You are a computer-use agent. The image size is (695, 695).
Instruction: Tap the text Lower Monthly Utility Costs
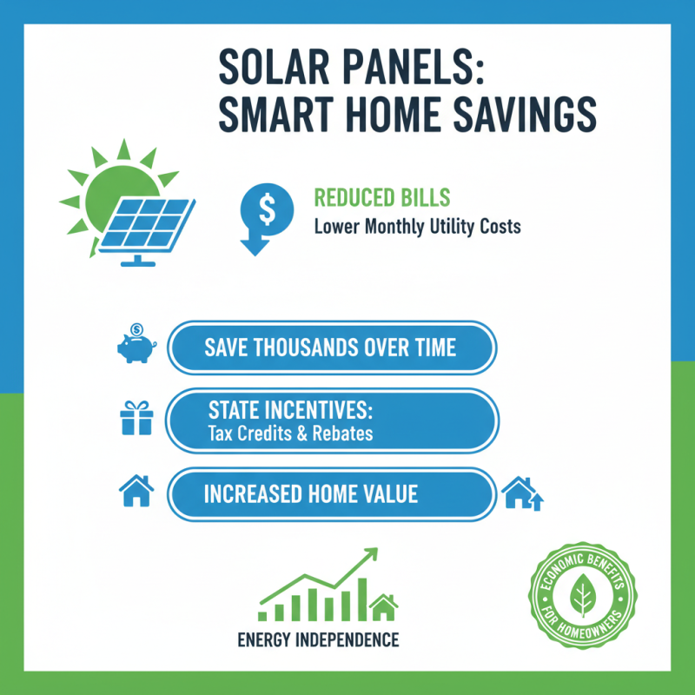[x=417, y=228]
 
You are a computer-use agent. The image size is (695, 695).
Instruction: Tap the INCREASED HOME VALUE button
[x=330, y=494]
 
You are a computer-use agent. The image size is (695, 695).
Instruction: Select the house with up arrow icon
[x=523, y=494]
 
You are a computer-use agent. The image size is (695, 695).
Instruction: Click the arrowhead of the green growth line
[x=371, y=553]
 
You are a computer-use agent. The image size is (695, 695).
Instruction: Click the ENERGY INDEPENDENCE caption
[x=318, y=641]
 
